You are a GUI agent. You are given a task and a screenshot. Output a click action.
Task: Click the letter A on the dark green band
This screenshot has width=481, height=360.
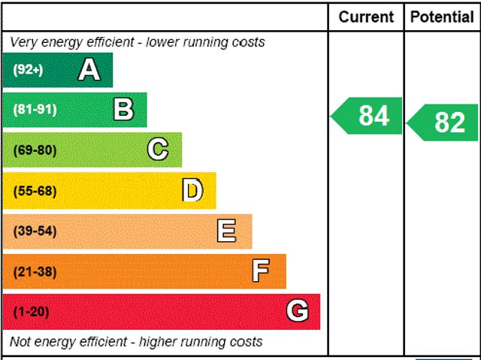coord(89,70)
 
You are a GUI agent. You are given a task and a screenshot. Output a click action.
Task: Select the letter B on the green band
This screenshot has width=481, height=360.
coord(123,110)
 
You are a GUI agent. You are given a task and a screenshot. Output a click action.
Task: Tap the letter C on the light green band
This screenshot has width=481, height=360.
coord(158,150)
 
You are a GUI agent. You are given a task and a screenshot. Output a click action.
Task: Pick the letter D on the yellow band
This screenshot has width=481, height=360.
coord(192,190)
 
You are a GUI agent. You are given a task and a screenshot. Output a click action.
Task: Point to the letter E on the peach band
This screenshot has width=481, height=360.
coord(226,231)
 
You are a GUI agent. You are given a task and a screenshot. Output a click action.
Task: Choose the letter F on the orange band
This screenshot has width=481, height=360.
coord(261,271)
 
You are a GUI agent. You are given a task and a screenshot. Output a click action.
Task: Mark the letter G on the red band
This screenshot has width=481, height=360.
coord(298,311)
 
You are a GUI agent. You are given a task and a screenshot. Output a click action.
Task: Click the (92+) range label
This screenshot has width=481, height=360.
coord(29,70)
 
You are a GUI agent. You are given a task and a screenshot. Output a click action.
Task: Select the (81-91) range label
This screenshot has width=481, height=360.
coord(35,110)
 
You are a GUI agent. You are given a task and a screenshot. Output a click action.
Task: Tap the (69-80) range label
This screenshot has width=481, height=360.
coord(35,150)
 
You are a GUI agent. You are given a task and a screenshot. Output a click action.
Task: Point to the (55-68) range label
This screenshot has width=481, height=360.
coord(35,191)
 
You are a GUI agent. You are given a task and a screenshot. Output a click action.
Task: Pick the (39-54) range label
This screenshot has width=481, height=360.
coord(35,231)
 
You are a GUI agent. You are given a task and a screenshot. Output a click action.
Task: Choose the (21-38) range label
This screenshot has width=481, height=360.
coord(35,271)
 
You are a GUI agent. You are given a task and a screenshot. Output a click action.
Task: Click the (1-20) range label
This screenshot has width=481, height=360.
coord(31,311)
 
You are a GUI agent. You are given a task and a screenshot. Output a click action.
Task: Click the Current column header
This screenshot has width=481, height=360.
coord(366,17)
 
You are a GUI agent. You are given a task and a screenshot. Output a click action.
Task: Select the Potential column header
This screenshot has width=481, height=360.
coord(443,17)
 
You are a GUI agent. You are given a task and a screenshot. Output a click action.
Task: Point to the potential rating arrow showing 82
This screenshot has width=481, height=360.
coord(444,122)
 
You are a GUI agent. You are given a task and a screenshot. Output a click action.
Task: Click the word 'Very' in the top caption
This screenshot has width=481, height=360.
coord(23,42)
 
